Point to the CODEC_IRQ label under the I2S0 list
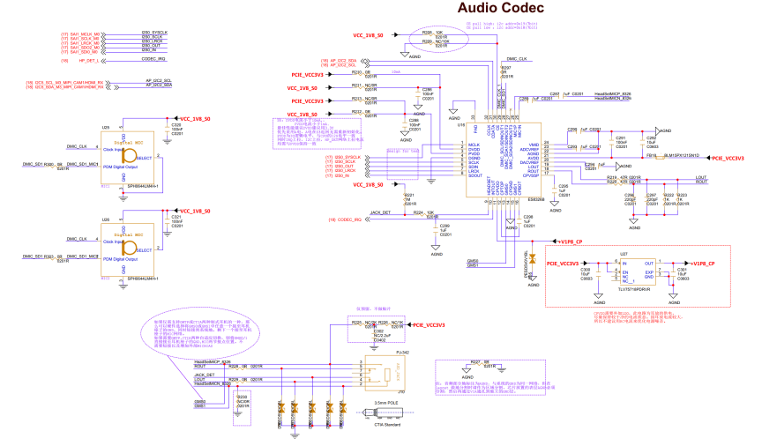154,60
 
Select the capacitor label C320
176,125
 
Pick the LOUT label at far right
701,177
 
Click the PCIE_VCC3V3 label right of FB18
728,158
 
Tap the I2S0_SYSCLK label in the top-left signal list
154,33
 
